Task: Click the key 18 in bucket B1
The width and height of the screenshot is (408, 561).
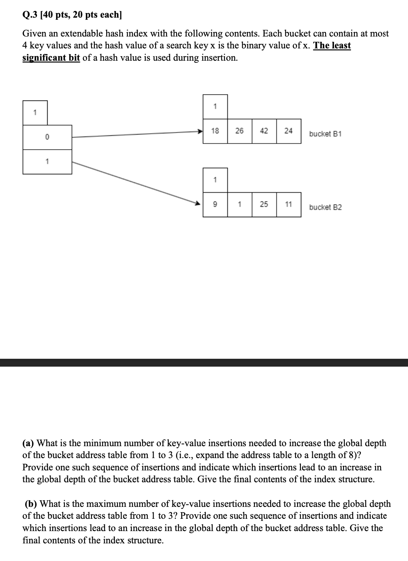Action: point(215,131)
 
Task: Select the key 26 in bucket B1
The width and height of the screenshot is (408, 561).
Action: point(239,131)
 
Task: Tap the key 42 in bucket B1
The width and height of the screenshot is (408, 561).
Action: point(264,131)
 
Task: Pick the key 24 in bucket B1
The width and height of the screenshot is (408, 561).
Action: point(289,131)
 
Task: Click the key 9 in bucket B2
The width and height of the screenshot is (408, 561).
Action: point(215,204)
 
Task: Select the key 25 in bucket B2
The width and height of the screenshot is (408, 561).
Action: point(264,204)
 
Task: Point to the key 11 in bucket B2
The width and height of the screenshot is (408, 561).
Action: point(289,204)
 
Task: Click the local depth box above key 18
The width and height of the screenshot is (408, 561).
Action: point(215,107)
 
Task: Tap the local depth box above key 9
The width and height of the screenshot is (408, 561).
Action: point(215,180)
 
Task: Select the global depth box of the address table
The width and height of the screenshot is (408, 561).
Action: point(35,112)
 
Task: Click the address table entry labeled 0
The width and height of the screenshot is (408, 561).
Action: point(47,137)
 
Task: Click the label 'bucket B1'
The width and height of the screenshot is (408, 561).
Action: point(325,134)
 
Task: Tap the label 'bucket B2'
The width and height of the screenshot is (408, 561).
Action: point(325,208)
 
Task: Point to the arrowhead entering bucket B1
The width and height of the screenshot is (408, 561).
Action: point(200,132)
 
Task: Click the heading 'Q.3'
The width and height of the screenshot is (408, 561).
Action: point(30,15)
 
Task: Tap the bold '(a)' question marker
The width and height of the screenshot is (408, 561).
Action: point(28,443)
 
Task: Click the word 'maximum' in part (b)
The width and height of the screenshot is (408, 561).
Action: point(92,504)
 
